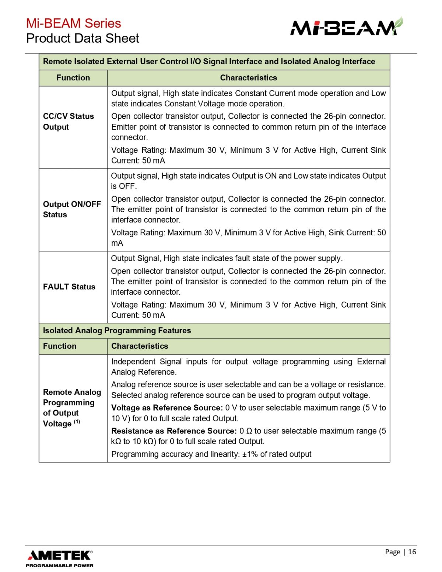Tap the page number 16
coord(412,552)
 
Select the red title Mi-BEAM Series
coord(74,23)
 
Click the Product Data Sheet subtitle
coord(83,38)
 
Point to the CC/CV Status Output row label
coord(69,122)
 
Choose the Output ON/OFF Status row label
coord(72,209)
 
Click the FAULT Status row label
coord(69,287)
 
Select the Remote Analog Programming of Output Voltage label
coord(72,408)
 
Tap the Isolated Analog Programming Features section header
coord(117,330)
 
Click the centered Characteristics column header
coord(248,78)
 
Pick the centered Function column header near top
coord(73,78)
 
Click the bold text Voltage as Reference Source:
coord(167,408)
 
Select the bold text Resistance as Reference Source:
coord(174,431)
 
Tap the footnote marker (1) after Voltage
coord(77,422)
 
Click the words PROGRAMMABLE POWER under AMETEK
coord(60,565)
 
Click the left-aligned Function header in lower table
coord(60,346)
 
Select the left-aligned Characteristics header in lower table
coord(140,346)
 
